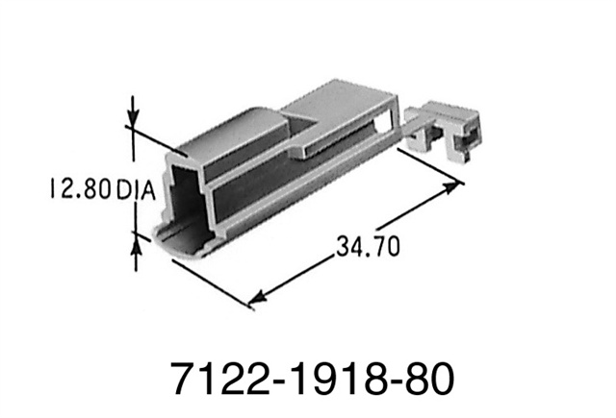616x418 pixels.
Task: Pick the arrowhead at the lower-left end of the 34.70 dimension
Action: (257, 300)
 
